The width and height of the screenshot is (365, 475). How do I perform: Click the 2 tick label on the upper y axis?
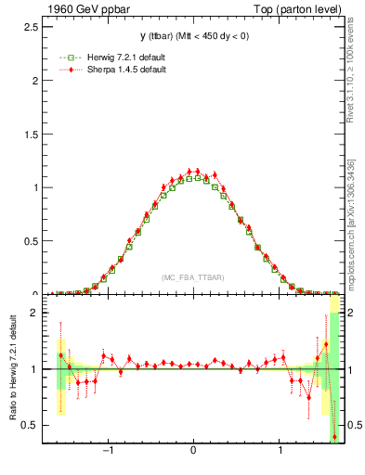34,80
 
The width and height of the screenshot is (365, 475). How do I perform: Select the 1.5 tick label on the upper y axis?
30,134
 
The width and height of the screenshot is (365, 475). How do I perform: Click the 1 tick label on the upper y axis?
34,187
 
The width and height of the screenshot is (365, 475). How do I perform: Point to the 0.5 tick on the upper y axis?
30,241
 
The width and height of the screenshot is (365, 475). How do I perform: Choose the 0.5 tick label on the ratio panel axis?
30,425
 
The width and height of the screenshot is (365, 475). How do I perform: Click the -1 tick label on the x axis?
107,454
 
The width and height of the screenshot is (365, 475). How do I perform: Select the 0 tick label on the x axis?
193,454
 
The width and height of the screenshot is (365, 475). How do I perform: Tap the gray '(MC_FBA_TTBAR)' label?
192,277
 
